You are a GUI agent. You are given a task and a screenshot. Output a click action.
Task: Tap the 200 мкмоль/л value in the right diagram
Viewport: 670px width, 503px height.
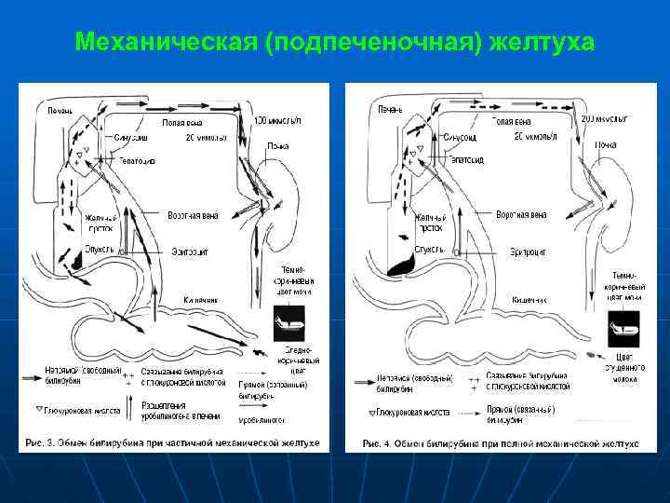pyautogui.click(x=604, y=119)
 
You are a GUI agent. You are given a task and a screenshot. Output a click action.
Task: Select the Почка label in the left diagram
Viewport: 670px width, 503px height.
pyautogui.click(x=277, y=146)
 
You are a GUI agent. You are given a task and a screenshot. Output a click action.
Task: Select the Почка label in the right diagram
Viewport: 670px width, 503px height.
pyautogui.click(x=606, y=145)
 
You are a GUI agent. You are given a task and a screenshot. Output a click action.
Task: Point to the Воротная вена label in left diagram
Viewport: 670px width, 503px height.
pyautogui.click(x=193, y=215)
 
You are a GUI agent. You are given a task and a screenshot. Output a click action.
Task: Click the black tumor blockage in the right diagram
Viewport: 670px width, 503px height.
pyautogui.click(x=401, y=265)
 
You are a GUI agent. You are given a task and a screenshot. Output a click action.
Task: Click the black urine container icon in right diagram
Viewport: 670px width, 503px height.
pyautogui.click(x=623, y=328)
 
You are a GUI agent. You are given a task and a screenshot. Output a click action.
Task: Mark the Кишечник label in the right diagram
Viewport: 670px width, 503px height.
pyautogui.click(x=529, y=300)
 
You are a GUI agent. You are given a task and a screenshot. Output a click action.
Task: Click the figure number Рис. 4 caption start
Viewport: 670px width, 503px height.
pyautogui.click(x=378, y=442)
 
